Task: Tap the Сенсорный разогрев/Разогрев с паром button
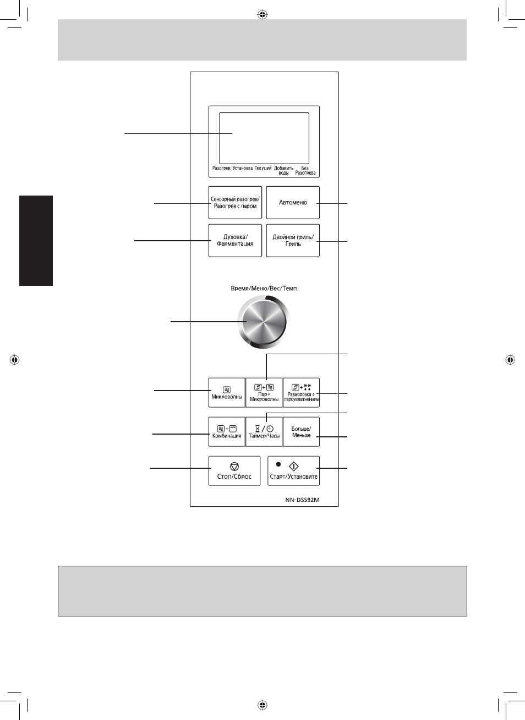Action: (235, 203)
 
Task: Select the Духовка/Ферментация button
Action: (235, 240)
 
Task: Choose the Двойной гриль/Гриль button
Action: (293, 240)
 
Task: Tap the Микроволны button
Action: (227, 392)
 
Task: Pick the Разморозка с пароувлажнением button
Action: (301, 392)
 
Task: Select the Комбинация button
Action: (227, 432)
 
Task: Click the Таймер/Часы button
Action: (264, 432)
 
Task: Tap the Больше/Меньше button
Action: (301, 432)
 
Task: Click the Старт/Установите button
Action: (293, 470)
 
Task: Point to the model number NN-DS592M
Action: (302, 500)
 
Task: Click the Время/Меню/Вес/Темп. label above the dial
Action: (264, 289)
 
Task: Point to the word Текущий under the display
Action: (263, 168)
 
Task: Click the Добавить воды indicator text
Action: (283, 170)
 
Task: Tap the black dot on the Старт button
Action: (278, 464)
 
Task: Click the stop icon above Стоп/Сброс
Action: (234, 467)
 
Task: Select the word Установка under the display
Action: (243, 168)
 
